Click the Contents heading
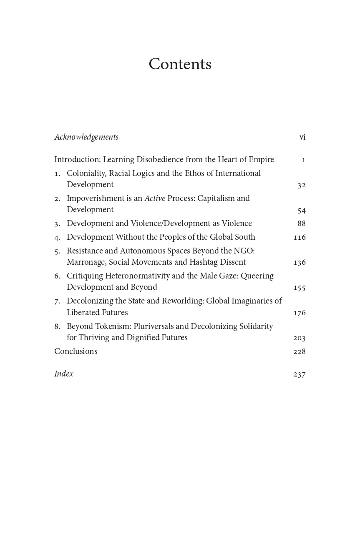click(x=180, y=64)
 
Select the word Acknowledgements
click(x=86, y=137)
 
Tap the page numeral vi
click(x=302, y=137)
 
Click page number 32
click(x=302, y=185)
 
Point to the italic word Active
click(x=155, y=198)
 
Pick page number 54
click(x=302, y=210)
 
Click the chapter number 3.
click(x=57, y=224)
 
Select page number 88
click(x=302, y=224)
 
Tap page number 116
click(x=300, y=238)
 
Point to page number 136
click(x=300, y=263)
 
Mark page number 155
click(x=300, y=288)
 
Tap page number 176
click(x=300, y=313)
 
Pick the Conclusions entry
click(x=76, y=351)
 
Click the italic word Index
click(x=64, y=374)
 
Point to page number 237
click(x=300, y=374)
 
